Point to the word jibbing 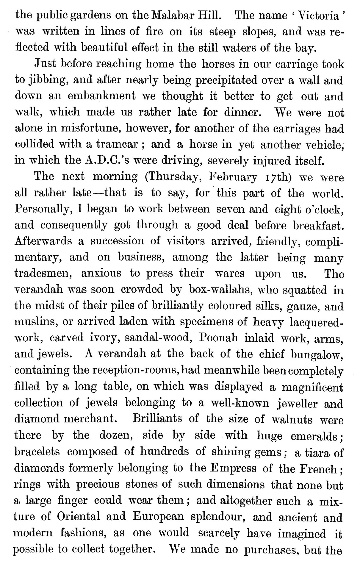(x=46, y=81)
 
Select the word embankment (x=102, y=96)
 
